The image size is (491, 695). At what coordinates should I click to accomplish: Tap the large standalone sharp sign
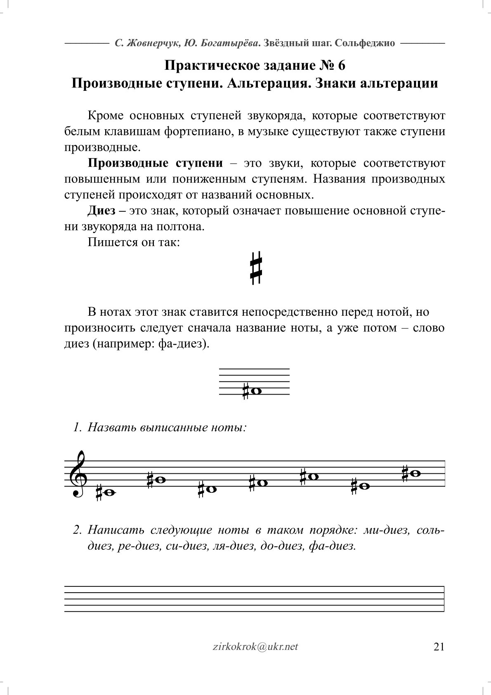click(x=256, y=267)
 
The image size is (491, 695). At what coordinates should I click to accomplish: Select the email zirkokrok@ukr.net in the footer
click(x=253, y=646)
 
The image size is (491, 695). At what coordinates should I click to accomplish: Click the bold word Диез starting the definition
click(x=102, y=211)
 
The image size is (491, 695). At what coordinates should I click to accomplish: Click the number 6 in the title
click(x=341, y=65)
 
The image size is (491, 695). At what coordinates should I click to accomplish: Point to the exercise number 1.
click(x=76, y=427)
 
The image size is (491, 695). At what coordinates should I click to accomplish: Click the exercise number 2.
click(x=76, y=530)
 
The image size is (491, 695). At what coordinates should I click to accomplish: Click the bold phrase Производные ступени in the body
click(x=155, y=163)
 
